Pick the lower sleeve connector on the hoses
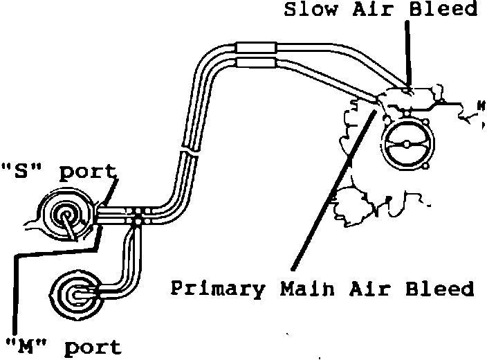257,63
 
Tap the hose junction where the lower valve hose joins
139,219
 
